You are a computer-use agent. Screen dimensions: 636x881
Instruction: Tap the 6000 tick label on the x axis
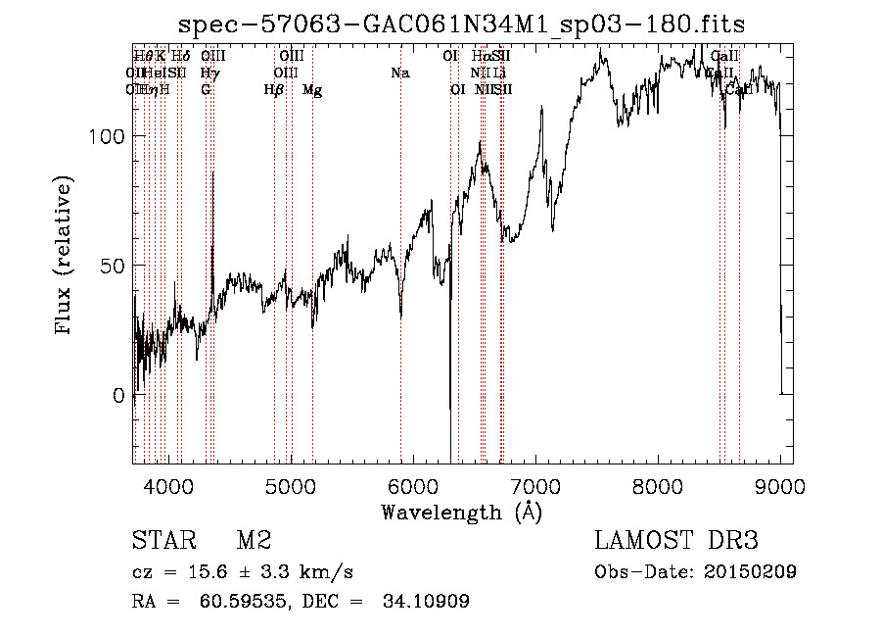pos(413,485)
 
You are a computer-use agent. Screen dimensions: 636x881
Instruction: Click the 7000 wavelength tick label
pos(535,485)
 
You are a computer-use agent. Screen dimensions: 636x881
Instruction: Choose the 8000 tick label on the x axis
pos(658,485)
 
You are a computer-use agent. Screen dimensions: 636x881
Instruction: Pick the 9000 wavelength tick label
pos(780,485)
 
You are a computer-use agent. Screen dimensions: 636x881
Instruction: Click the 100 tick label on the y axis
pos(109,136)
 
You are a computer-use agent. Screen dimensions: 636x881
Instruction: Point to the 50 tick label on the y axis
pos(115,266)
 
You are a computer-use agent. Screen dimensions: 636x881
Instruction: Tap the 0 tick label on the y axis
pos(120,396)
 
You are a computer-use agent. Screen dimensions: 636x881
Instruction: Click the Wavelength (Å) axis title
pos(461,512)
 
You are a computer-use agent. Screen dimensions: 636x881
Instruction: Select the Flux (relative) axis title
pos(66,257)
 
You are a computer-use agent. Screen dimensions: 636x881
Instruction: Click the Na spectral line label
pos(399,73)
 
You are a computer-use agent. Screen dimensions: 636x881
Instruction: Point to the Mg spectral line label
pos(312,90)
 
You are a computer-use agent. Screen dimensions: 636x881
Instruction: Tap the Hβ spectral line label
pos(273,90)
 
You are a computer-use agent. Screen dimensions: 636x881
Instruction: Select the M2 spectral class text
pos(254,541)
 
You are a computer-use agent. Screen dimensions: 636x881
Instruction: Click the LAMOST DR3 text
pos(676,541)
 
